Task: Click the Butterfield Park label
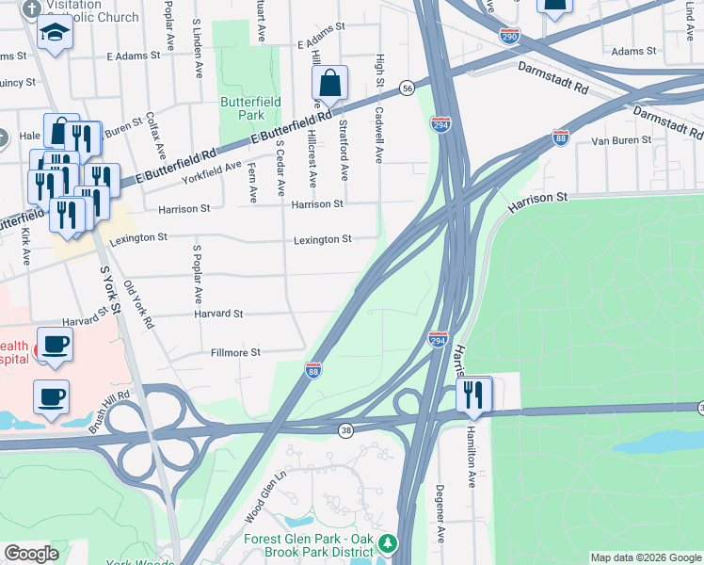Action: click(242, 107)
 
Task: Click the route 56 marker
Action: click(407, 88)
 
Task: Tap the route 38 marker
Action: click(346, 430)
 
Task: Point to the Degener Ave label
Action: click(440, 513)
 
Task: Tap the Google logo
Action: click(31, 554)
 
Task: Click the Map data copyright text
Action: click(645, 557)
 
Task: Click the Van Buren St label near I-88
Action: click(620, 140)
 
